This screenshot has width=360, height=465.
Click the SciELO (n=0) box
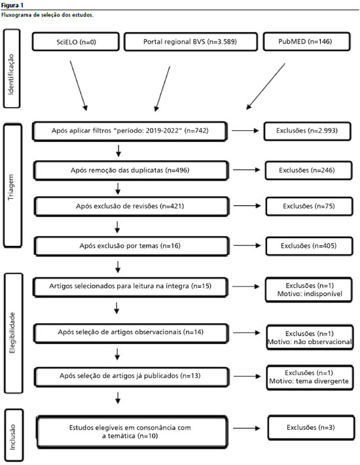pyautogui.click(x=76, y=42)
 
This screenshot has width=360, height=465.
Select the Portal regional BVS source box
pyautogui.click(x=190, y=42)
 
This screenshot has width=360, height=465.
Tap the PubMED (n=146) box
pyautogui.click(x=306, y=41)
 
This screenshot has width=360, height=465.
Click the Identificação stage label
pyautogui.click(x=12, y=69)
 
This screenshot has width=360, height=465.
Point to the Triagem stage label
pyautogui.click(x=12, y=186)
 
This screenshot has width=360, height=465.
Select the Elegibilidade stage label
pyautogui.click(x=13, y=333)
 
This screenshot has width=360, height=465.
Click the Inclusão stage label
pyautogui.click(x=14, y=435)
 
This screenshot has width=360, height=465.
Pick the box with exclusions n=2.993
pyautogui.click(x=307, y=131)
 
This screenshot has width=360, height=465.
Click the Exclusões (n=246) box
pyautogui.click(x=308, y=170)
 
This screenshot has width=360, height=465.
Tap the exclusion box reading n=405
pyautogui.click(x=309, y=246)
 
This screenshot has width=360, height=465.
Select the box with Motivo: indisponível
pyautogui.click(x=309, y=290)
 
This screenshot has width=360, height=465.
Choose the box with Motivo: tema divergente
pyautogui.click(x=310, y=377)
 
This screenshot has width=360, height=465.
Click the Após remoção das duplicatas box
pyautogui.click(x=131, y=171)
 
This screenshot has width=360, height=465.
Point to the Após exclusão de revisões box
pyautogui.click(x=132, y=207)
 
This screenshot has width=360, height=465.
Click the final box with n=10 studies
pyautogui.click(x=132, y=432)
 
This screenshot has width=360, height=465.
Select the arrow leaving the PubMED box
pyautogui.click(x=266, y=86)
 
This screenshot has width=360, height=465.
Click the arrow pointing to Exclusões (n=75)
pyautogui.click(x=247, y=206)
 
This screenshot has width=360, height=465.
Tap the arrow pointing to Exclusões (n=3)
pyautogui.click(x=247, y=428)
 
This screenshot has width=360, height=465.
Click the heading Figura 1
pyautogui.click(x=12, y=5)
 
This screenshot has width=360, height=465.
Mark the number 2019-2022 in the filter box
pyautogui.click(x=164, y=131)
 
